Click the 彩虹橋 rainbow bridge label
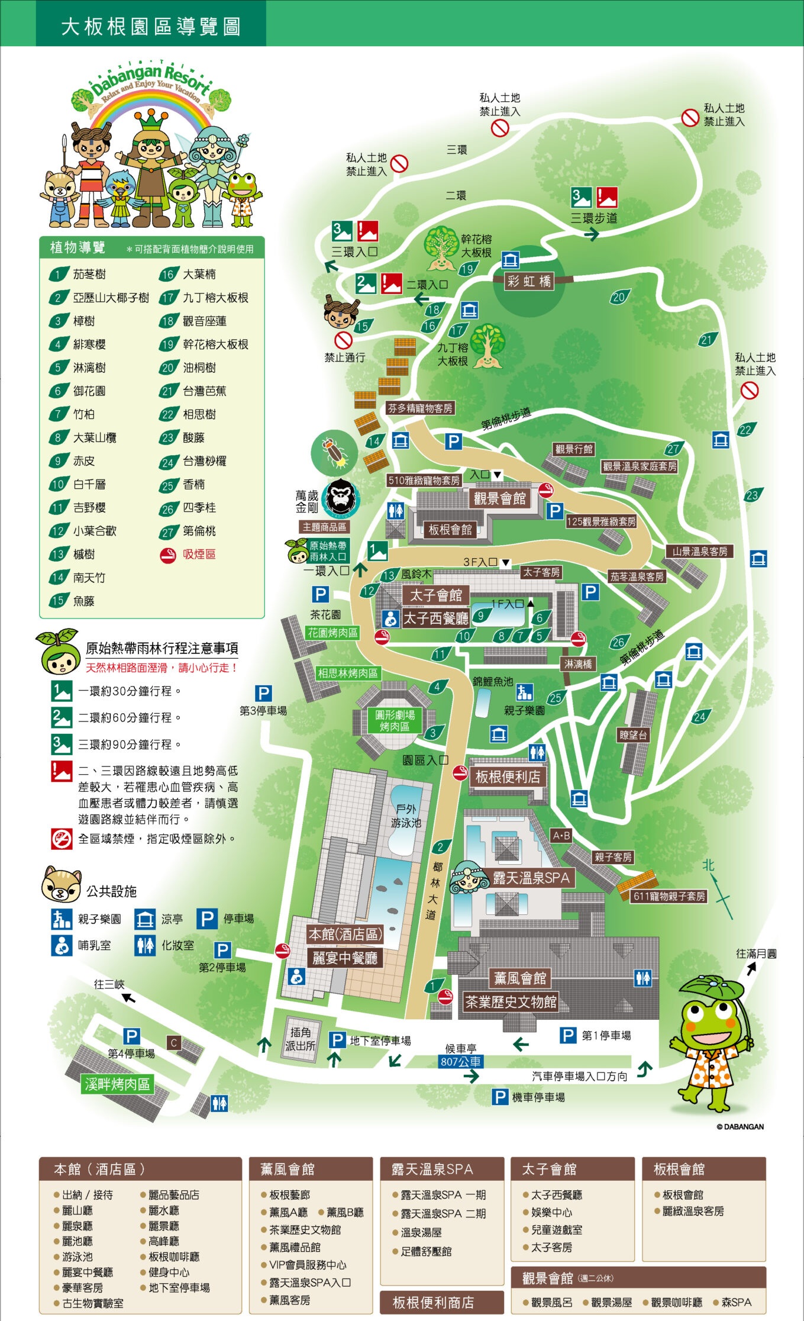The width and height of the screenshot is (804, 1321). click(x=528, y=281)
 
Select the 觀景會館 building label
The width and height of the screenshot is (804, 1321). click(x=499, y=498)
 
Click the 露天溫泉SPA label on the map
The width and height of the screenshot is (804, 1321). click(x=531, y=878)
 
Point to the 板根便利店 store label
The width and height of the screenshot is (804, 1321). click(x=508, y=777)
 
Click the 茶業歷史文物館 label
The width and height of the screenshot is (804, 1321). click(x=510, y=1002)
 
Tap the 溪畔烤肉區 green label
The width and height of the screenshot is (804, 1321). click(x=117, y=1084)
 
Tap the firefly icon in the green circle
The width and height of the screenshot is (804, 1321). click(x=334, y=452)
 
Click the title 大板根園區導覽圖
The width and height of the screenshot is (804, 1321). click(x=151, y=27)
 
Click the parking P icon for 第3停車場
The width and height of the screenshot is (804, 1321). click(x=263, y=693)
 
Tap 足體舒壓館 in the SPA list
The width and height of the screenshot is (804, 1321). click(x=426, y=1251)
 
